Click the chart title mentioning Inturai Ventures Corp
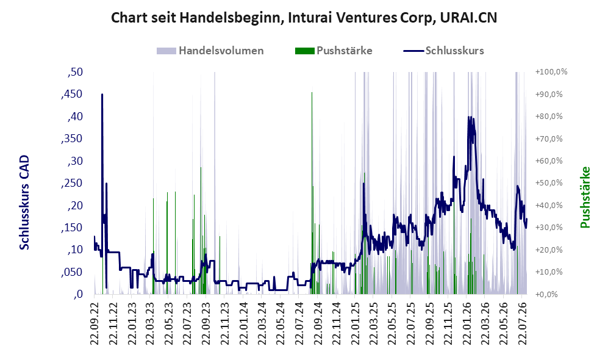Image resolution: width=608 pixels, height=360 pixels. click(304, 18)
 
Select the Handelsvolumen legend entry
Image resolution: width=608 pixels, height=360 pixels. click(210, 51)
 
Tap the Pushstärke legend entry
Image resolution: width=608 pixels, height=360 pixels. click(334, 51)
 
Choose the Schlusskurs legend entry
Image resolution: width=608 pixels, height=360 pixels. click(443, 51)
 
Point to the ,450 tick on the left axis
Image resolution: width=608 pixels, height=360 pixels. click(72, 94)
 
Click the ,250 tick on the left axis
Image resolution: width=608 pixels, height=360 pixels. click(72, 183)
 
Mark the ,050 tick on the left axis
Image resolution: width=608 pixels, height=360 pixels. click(72, 272)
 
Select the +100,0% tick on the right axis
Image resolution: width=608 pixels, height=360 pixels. click(551, 72)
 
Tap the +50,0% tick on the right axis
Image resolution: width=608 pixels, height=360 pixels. click(549, 182)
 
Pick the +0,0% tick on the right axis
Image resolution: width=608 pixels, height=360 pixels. click(546, 294)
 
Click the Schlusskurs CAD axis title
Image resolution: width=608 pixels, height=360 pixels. click(24, 202)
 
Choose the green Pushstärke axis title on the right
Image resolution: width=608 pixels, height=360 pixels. click(585, 197)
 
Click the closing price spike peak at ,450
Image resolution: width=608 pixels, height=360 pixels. click(102, 94)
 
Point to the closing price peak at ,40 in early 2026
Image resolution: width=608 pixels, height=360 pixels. click(469, 117)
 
